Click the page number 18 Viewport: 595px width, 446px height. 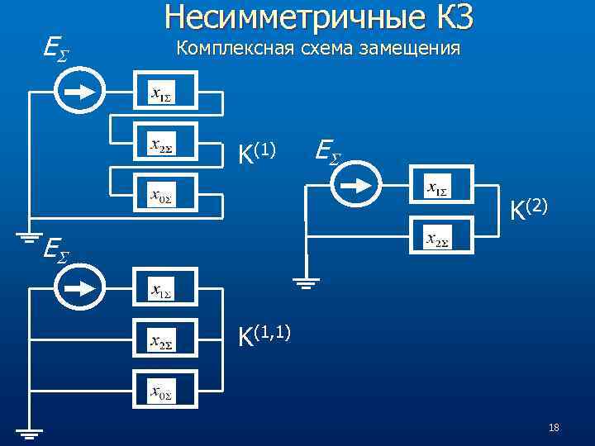tap(554, 427)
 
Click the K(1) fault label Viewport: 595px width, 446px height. tap(255, 152)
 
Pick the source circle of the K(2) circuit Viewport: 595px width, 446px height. tap(356, 187)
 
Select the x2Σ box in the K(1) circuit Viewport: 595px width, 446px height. tap(165, 145)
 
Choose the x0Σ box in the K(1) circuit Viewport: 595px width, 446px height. tap(165, 196)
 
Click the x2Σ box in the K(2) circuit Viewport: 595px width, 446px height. tap(442, 239)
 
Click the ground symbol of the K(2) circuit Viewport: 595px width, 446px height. tap(307, 282)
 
